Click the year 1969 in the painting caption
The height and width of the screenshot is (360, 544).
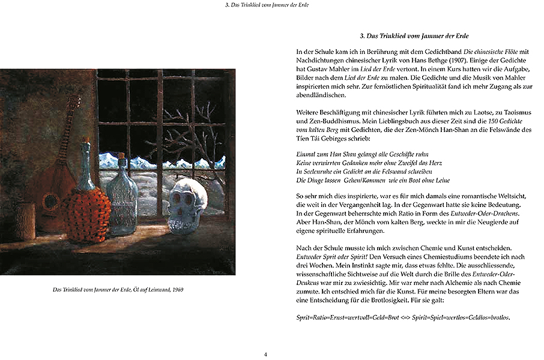[177, 290]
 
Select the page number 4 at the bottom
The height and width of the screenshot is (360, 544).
[265, 354]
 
